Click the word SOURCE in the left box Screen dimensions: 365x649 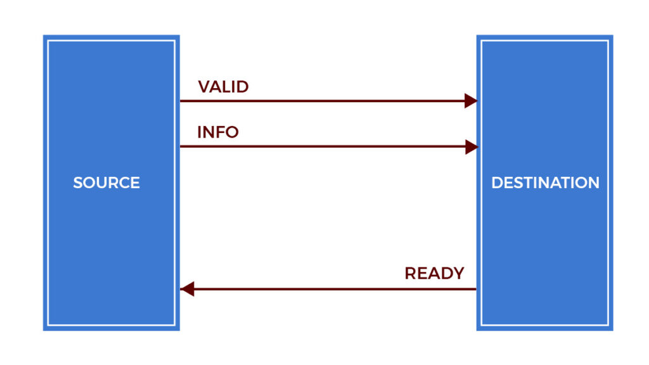[106, 183]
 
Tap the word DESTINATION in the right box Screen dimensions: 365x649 [545, 183]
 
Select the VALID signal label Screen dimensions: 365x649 [223, 87]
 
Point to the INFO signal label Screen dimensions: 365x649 [217, 132]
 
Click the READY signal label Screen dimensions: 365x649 [434, 274]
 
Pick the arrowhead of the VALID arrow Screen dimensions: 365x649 [470, 101]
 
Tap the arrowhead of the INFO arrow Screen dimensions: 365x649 [470, 147]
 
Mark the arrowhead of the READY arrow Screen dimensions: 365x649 [186, 290]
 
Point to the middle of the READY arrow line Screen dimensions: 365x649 [328, 290]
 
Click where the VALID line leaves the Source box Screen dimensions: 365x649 [181, 101]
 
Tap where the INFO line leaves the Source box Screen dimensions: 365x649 [181, 147]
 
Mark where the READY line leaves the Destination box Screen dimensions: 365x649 [476, 290]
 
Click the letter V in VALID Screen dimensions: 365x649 [204, 87]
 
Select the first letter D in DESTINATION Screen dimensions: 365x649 [498, 183]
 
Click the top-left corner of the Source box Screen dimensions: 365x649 [44, 36]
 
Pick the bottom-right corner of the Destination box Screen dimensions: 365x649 [612, 330]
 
